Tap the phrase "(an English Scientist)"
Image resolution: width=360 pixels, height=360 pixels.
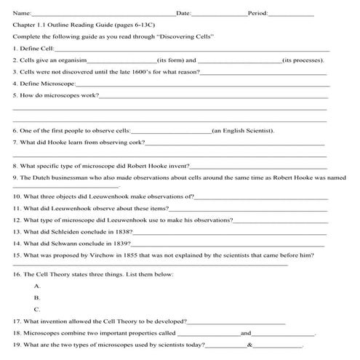[242, 131]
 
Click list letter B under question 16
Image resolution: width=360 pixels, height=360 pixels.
[37, 297]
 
